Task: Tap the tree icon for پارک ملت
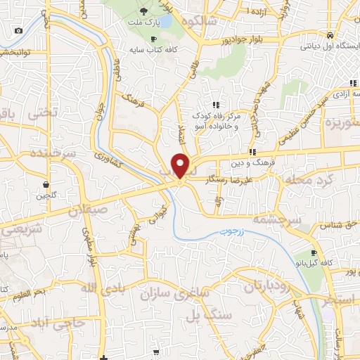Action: point(144,11)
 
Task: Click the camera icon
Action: point(18,30)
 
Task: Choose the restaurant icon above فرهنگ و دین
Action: point(252,152)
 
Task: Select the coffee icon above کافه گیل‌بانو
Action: point(314,253)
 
